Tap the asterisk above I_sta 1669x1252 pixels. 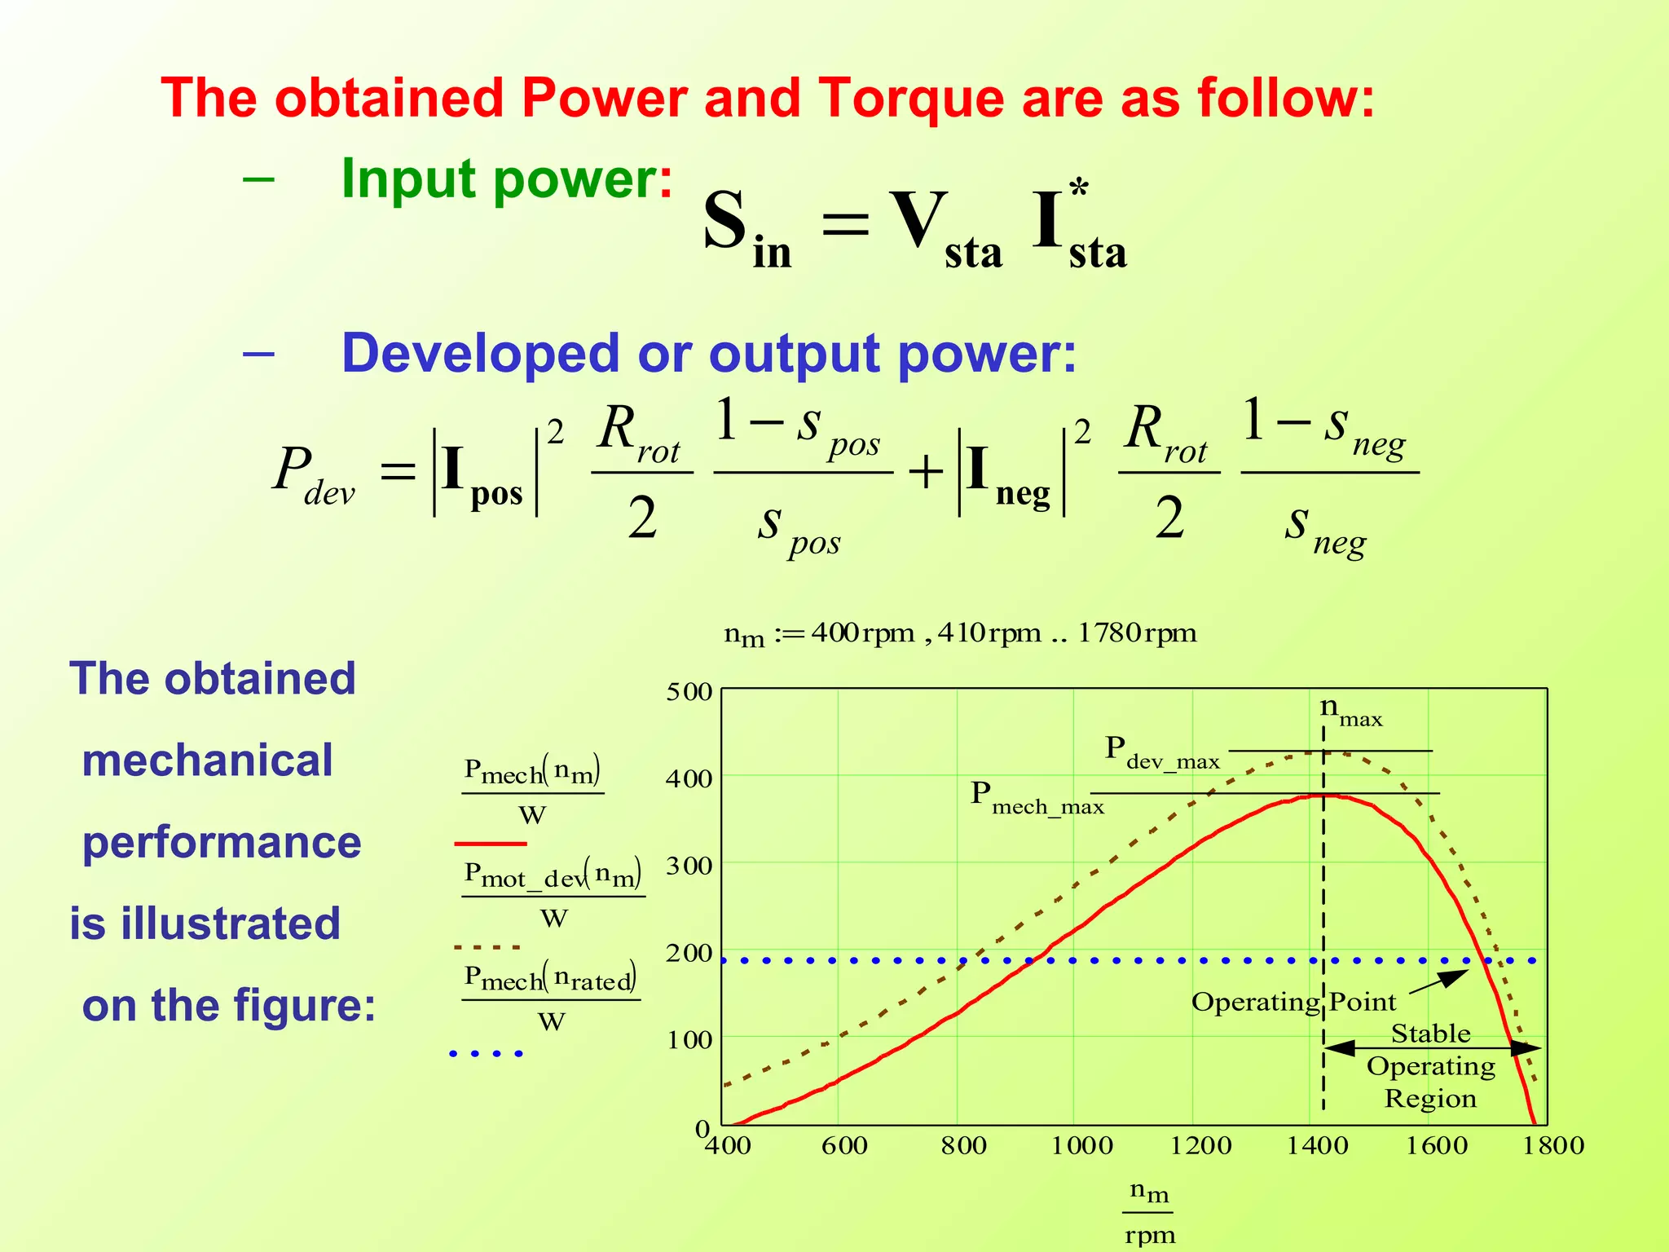point(1079,190)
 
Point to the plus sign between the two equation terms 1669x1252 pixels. point(925,472)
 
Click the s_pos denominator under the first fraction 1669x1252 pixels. point(798,529)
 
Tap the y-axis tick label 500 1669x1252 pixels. point(689,692)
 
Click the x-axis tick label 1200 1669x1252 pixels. point(1200,1145)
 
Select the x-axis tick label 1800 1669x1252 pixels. point(1553,1145)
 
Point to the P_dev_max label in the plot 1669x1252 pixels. point(1161,752)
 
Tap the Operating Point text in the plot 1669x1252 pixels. point(1293,1002)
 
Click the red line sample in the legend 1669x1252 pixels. point(491,844)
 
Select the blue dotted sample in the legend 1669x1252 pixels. point(487,1054)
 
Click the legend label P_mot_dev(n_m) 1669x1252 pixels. point(553,875)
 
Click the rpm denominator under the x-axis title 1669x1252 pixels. point(1150,1235)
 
